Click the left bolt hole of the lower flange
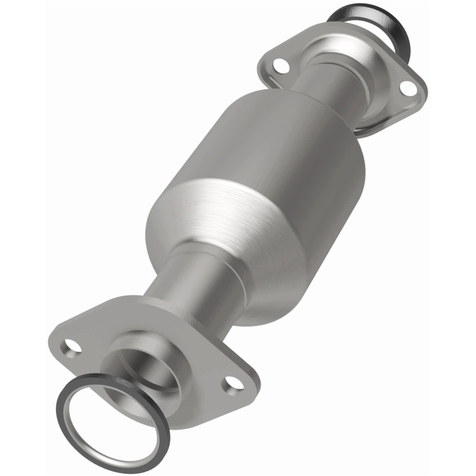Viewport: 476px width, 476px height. point(71,345)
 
